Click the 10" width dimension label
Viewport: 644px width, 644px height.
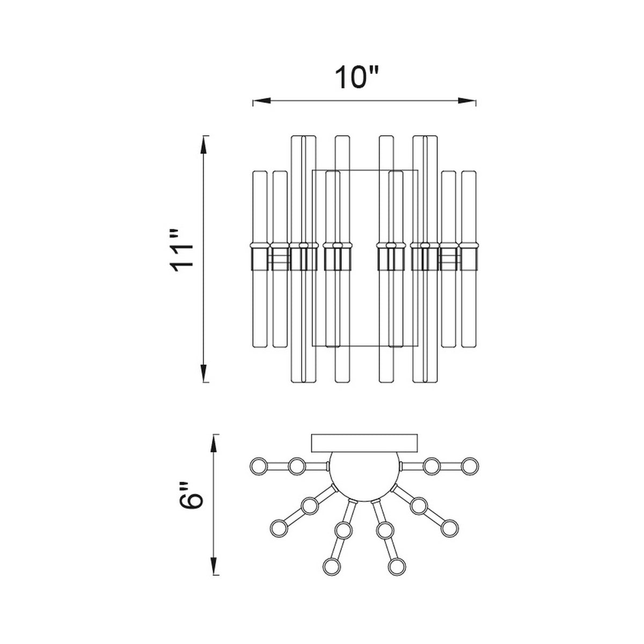click(x=357, y=77)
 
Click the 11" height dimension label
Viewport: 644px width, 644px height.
click(x=181, y=250)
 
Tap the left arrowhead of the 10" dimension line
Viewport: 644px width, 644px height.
click(x=262, y=100)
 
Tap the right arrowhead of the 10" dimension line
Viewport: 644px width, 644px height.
click(x=466, y=100)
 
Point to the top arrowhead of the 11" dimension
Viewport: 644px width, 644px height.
click(x=204, y=145)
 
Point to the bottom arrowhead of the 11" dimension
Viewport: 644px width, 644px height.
click(x=204, y=374)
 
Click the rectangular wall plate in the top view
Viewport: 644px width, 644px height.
click(x=364, y=443)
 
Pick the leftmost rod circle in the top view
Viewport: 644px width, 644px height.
click(x=259, y=466)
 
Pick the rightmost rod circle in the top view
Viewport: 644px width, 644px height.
click(x=470, y=466)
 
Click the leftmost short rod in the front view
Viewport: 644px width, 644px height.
click(x=260, y=259)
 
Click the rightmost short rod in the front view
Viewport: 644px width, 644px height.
click(x=469, y=259)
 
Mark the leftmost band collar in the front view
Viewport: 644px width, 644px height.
click(x=260, y=257)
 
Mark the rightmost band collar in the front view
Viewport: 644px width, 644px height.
click(x=469, y=257)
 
